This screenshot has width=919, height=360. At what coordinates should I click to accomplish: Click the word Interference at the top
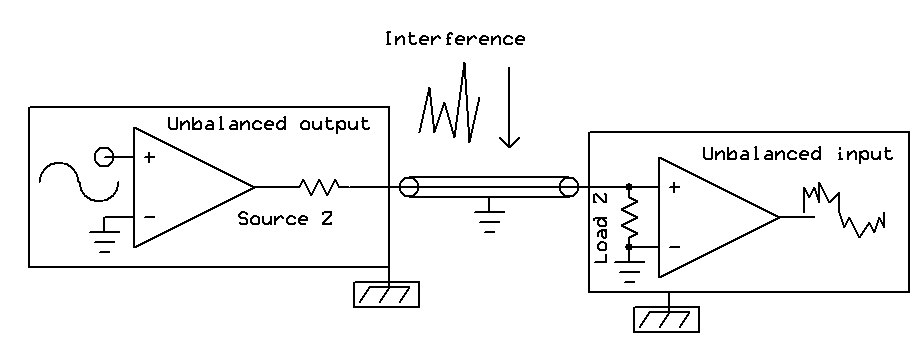454,40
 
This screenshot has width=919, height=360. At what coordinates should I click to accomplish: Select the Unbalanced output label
268,124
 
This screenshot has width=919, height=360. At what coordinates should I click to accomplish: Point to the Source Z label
285,218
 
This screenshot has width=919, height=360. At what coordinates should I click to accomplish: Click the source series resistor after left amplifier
319,186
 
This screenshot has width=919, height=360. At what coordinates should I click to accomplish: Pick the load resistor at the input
629,217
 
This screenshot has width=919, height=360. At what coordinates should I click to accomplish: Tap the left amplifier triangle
185,187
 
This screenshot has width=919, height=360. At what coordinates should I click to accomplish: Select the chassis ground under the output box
386,294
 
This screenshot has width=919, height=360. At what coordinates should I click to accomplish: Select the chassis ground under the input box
666,319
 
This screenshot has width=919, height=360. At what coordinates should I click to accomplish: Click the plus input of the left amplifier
149,157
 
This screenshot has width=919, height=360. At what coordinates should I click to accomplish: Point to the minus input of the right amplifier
673,247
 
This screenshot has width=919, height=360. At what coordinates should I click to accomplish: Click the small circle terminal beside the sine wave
102,156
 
